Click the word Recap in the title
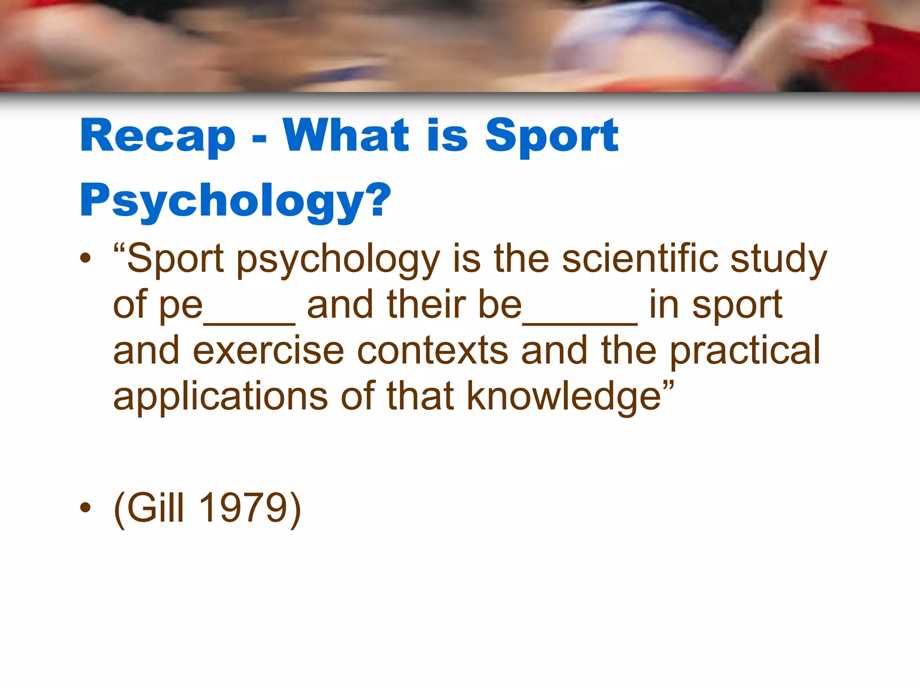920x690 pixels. pyautogui.click(x=158, y=136)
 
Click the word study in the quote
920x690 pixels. pyautogui.click(x=778, y=260)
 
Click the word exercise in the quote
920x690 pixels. pyautogui.click(x=268, y=350)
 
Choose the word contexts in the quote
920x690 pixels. pyautogui.click(x=433, y=350)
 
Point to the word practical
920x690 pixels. pyautogui.click(x=745, y=351)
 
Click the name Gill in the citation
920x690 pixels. pyautogui.click(x=155, y=508)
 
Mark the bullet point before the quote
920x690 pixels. pyautogui.click(x=85, y=258)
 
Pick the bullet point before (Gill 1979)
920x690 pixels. pyautogui.click(x=85, y=508)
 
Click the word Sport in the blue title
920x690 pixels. pyautogui.click(x=552, y=136)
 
